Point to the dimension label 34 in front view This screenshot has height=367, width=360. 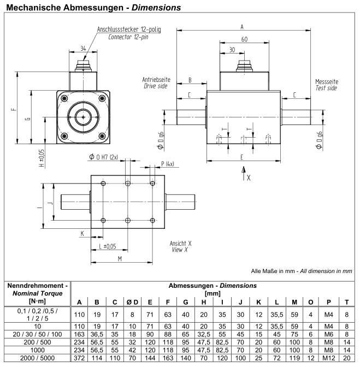83,49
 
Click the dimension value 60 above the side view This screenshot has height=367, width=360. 244,39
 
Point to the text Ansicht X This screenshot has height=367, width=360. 181,242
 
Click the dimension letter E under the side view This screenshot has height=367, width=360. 241,156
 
